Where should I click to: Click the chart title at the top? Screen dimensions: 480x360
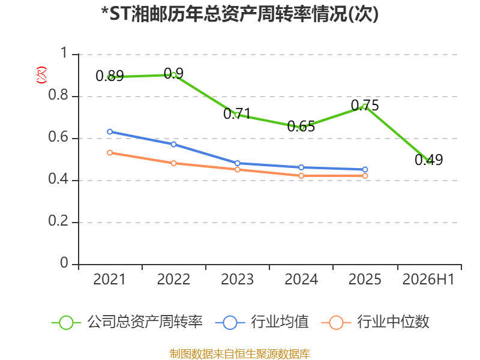tap(240, 14)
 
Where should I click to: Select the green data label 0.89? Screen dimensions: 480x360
tap(110, 76)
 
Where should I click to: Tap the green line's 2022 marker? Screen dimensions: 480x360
tap(173, 74)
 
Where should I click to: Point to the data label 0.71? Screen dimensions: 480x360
tap(237, 114)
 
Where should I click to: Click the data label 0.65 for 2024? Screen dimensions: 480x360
tap(301, 127)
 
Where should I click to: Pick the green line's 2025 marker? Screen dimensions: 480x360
tap(365, 106)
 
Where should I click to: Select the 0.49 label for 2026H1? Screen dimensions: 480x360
tap(428, 160)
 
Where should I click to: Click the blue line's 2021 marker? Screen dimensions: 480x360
tap(110, 131)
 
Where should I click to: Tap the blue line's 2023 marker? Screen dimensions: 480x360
tap(237, 163)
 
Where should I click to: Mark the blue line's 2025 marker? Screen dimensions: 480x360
tap(365, 169)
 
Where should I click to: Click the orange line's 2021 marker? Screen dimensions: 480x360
tap(110, 153)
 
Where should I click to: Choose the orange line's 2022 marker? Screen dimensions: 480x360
tap(173, 163)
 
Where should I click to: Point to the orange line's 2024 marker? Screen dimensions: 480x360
tap(301, 176)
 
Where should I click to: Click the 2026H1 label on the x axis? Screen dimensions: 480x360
tap(428, 279)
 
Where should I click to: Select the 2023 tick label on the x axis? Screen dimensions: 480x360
tap(237, 279)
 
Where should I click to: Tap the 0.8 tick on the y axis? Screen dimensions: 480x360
tap(58, 95)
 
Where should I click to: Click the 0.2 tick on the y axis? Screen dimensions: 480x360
tap(58, 221)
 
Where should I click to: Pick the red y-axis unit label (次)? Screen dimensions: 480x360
tap(41, 75)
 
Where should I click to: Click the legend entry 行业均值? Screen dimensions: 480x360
tap(262, 322)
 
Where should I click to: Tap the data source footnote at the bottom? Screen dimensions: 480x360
tap(240, 354)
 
